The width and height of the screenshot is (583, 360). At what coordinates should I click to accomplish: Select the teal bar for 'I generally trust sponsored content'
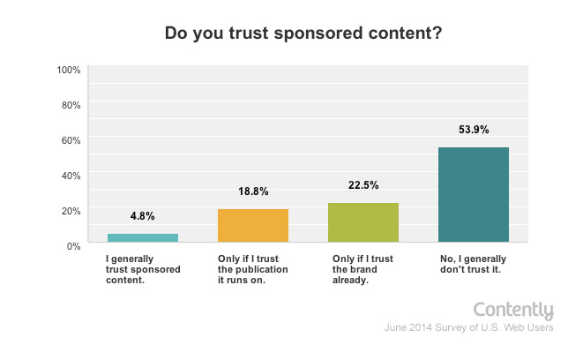click(143, 237)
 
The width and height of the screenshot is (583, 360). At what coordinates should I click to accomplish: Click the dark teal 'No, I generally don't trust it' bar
click(474, 194)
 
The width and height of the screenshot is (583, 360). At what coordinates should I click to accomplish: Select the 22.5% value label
click(363, 184)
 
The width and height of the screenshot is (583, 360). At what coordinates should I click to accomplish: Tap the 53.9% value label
click(474, 129)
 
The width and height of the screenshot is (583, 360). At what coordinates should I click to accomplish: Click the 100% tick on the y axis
click(69, 70)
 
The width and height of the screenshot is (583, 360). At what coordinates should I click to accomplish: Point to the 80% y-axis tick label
click(71, 105)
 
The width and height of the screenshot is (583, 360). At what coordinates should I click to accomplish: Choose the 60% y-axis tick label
click(71, 139)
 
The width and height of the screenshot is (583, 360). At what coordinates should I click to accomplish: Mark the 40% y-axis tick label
click(71, 175)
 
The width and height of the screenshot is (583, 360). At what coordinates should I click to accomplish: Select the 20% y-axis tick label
click(71, 210)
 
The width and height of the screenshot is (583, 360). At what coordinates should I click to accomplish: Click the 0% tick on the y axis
click(73, 244)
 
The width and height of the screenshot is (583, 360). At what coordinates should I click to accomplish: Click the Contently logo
click(513, 311)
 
